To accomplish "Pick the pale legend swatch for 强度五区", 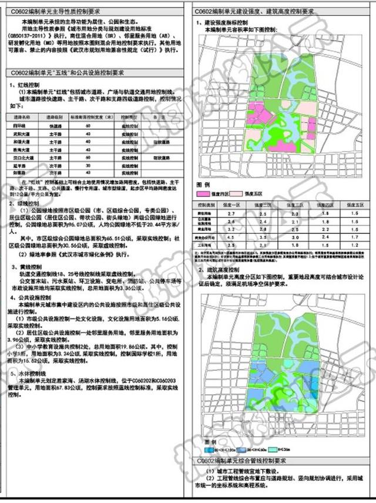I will (x=240, y=193).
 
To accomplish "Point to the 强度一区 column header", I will (x=233, y=204).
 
